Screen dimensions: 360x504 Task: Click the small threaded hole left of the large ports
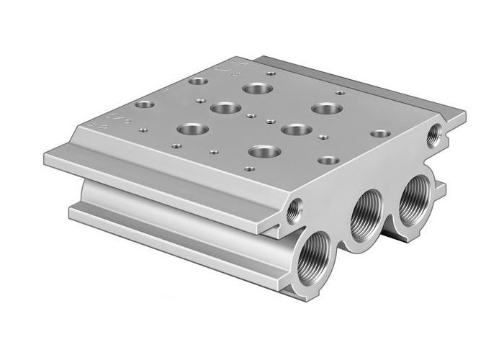294,210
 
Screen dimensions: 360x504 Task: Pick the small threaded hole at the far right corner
435,135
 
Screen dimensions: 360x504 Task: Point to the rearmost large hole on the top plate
255,89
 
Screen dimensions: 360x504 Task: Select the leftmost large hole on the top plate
192,131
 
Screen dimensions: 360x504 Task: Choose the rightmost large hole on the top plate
327,109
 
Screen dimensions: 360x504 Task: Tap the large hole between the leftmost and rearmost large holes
225,109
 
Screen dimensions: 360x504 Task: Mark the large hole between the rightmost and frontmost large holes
295,130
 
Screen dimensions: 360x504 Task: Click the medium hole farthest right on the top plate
381,134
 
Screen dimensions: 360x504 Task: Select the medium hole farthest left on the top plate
144,104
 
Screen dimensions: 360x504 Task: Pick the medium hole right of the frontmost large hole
328,160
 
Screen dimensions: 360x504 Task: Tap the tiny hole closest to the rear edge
271,73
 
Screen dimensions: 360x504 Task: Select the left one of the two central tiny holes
250,115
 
